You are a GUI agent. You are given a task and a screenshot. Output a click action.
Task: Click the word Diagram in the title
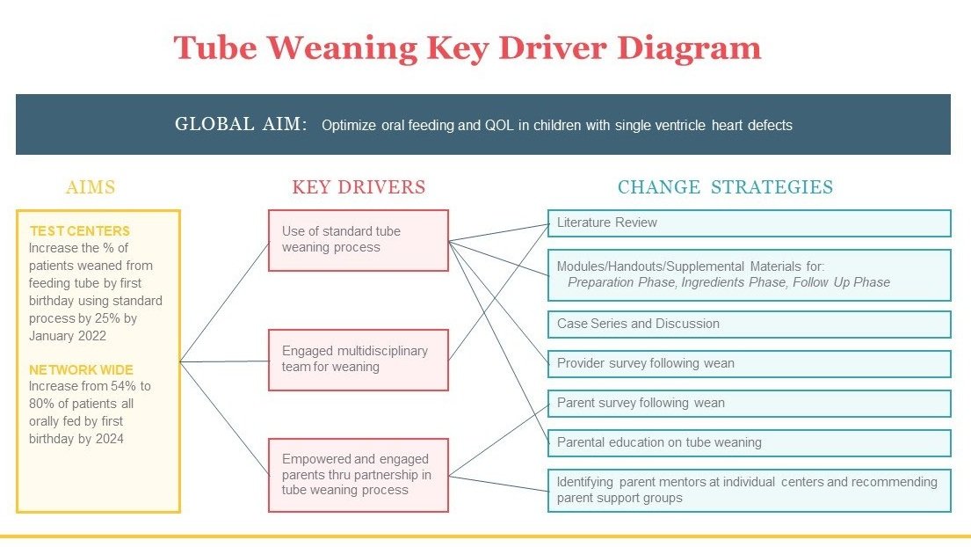(689, 48)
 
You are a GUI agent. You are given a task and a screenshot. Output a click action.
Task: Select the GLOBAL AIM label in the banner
(241, 124)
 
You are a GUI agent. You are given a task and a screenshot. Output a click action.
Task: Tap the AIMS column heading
(91, 187)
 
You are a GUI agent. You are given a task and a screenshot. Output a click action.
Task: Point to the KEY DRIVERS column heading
(359, 187)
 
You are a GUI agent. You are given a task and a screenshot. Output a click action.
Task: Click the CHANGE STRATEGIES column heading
(725, 187)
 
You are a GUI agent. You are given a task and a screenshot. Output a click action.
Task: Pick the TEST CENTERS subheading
(79, 231)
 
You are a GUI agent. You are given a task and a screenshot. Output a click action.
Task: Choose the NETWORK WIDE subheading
(81, 370)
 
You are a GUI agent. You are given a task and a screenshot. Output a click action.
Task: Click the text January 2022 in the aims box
(68, 336)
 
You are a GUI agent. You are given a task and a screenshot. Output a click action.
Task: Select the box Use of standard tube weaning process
(358, 240)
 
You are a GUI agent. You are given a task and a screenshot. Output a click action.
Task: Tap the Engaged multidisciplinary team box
(358, 360)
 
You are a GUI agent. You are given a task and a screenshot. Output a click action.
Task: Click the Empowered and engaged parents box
(358, 475)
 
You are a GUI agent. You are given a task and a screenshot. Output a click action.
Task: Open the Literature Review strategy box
(750, 223)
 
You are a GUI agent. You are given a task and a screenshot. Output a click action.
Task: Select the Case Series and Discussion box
(750, 324)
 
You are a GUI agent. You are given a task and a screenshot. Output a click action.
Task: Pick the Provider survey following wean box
(750, 363)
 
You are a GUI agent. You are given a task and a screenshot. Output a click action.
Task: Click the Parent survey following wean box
(750, 404)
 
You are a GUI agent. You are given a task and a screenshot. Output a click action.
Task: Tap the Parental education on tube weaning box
(750, 443)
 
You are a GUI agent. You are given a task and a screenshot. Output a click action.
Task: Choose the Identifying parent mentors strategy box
(750, 491)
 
